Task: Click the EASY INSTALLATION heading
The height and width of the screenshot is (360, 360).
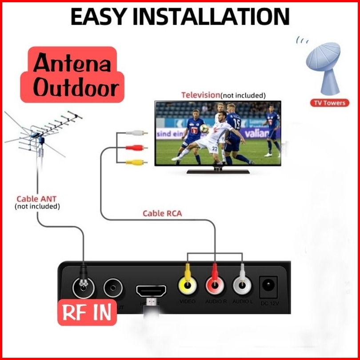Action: coord(180,17)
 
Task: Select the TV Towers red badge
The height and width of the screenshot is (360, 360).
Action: coord(329,103)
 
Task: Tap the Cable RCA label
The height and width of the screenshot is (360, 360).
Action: coord(162,213)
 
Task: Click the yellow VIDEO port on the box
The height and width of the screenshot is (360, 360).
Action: coord(187,285)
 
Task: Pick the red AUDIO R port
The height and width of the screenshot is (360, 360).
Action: coord(215,285)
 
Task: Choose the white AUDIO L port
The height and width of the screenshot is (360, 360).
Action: coord(242,285)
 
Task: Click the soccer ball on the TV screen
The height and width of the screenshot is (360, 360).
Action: coord(204,128)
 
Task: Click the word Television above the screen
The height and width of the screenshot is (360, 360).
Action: coord(200,95)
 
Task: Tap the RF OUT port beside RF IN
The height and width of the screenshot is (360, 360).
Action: coord(114,288)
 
